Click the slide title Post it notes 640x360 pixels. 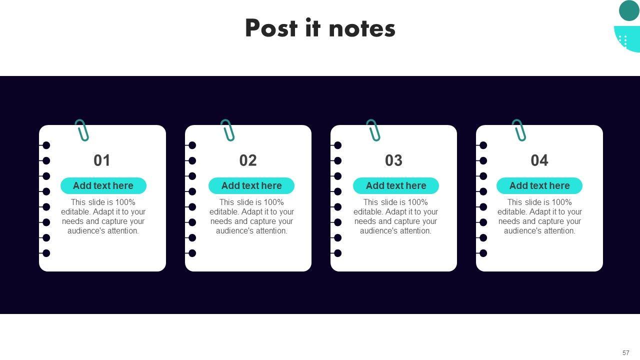coord(320,28)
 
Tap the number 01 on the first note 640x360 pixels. coord(102,160)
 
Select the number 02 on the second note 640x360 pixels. coord(248,160)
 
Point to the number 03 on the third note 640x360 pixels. coord(393,160)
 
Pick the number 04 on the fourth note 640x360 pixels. coord(539,160)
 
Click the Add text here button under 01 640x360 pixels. coord(103,185)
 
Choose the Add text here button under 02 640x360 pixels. coord(251,185)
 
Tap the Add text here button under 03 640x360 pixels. coord(396,185)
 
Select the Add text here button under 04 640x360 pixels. coord(539,185)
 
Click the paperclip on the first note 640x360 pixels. coord(82,130)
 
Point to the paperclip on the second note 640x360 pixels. coord(228,130)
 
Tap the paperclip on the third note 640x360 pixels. coord(373,130)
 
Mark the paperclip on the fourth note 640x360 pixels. coord(519,130)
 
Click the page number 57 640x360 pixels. coord(626,352)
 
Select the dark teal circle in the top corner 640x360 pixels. coord(629,10)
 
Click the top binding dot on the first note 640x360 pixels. coord(46,145)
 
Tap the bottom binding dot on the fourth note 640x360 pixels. coord(483,253)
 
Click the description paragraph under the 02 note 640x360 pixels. coord(251,216)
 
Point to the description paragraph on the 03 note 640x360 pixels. coord(395,216)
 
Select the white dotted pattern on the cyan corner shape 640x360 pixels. coord(623,40)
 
